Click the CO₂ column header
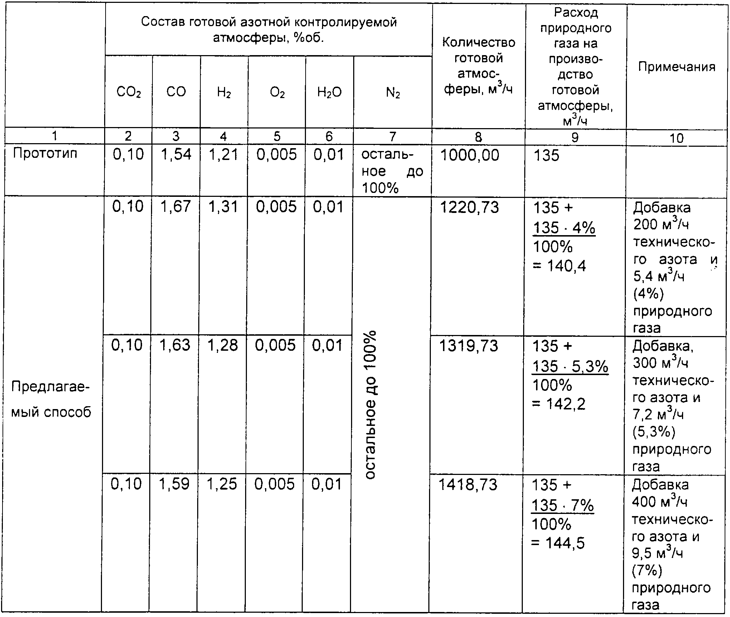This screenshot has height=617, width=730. pyautogui.click(x=128, y=93)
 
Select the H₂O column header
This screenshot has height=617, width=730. pyautogui.click(x=329, y=93)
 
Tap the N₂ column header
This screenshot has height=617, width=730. pyautogui.click(x=393, y=93)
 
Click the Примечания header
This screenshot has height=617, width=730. pyautogui.click(x=677, y=67)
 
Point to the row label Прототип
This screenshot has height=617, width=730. pyautogui.click(x=45, y=153)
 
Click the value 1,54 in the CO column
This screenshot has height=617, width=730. pyautogui.click(x=176, y=154)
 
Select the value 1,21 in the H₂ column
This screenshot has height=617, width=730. pyautogui.click(x=224, y=154)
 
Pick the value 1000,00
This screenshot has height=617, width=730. pyautogui.click(x=469, y=155)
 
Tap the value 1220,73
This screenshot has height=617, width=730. pyautogui.click(x=469, y=208)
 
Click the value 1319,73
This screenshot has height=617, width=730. pyautogui.click(x=468, y=346)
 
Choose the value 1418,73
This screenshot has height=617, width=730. pyautogui.click(x=468, y=485)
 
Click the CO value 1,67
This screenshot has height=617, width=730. pyautogui.click(x=175, y=207)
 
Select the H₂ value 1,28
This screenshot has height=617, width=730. pyautogui.click(x=223, y=345)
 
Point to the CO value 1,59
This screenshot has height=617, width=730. pyautogui.click(x=174, y=484)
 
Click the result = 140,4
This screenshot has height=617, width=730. pyautogui.click(x=560, y=266)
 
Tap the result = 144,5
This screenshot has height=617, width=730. pyautogui.click(x=558, y=543)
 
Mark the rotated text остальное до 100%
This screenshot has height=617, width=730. pyautogui.click(x=371, y=404)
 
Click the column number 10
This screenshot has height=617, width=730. pyautogui.click(x=676, y=138)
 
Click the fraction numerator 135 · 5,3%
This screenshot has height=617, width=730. pyautogui.click(x=570, y=366)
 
